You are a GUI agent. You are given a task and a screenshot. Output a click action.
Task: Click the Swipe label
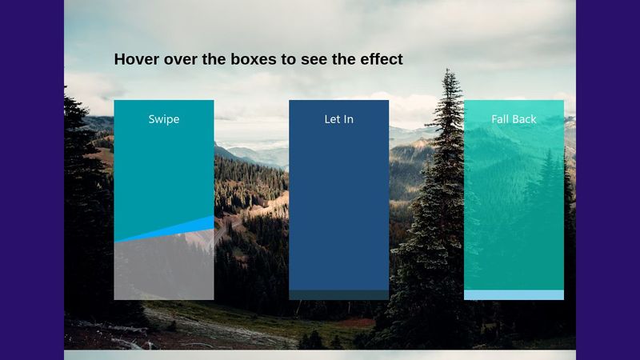163,119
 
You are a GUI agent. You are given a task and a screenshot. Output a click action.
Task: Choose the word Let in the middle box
330,119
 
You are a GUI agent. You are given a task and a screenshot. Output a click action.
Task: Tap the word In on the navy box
348,119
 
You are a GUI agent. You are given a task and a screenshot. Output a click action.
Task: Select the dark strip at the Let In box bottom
338,295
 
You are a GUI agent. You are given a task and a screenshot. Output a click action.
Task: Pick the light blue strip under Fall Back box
514,295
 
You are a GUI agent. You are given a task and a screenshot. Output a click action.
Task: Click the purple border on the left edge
32,180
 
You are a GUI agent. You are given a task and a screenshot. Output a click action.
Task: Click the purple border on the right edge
608,180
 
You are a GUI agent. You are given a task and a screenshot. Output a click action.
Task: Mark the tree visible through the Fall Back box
547,200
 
